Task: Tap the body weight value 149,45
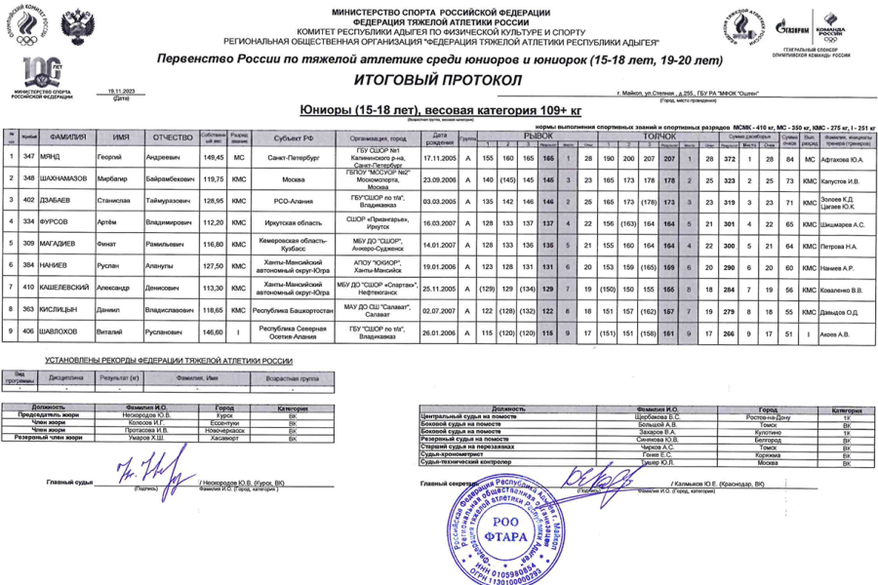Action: tap(214, 157)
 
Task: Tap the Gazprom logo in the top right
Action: tap(798, 26)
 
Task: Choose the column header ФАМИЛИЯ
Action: tap(69, 137)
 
